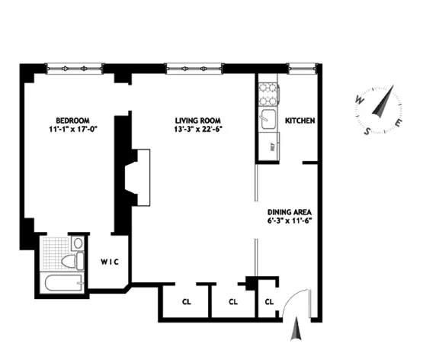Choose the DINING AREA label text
click(x=291, y=212)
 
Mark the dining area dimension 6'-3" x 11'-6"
click(x=291, y=222)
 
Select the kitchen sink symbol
click(x=268, y=119)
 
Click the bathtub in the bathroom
click(x=61, y=285)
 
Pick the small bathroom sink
click(x=77, y=243)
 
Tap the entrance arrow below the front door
click(x=296, y=330)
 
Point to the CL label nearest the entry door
click(x=268, y=302)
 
